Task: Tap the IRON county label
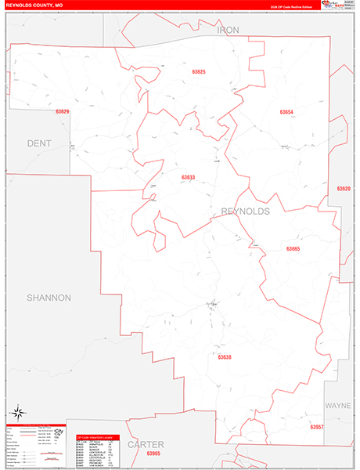pos(229,30)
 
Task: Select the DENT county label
pos(38,143)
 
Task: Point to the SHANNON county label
pos(49,298)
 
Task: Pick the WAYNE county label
pos(338,406)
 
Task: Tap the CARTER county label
pos(145,444)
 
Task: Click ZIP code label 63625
pos(198,72)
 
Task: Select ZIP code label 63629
pos(63,112)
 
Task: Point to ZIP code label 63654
pos(286,112)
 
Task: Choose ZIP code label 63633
pos(188,178)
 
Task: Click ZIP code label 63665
pos(293,249)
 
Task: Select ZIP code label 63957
pos(316,427)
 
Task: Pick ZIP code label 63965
pos(153,454)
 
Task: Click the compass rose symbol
pos(17,411)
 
